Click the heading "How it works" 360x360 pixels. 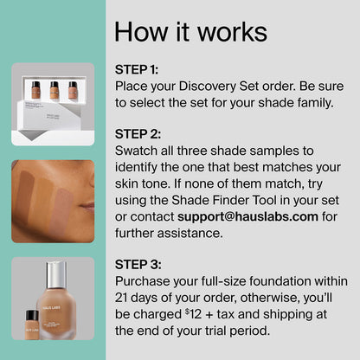coord(190,32)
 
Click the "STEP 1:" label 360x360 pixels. coord(137,69)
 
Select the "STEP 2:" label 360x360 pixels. coord(138,134)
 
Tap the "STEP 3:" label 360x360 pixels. coord(138,265)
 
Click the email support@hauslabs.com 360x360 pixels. coord(247,217)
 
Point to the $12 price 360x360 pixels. coord(193,314)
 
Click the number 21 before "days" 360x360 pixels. coord(121,298)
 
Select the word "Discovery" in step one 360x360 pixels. coord(208,87)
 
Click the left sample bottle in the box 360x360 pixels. coord(35,90)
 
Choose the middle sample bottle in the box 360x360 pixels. coord(55,90)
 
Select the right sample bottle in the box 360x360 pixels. coord(73,91)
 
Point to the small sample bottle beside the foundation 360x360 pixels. coord(32,325)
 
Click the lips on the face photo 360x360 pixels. coord(88,206)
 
